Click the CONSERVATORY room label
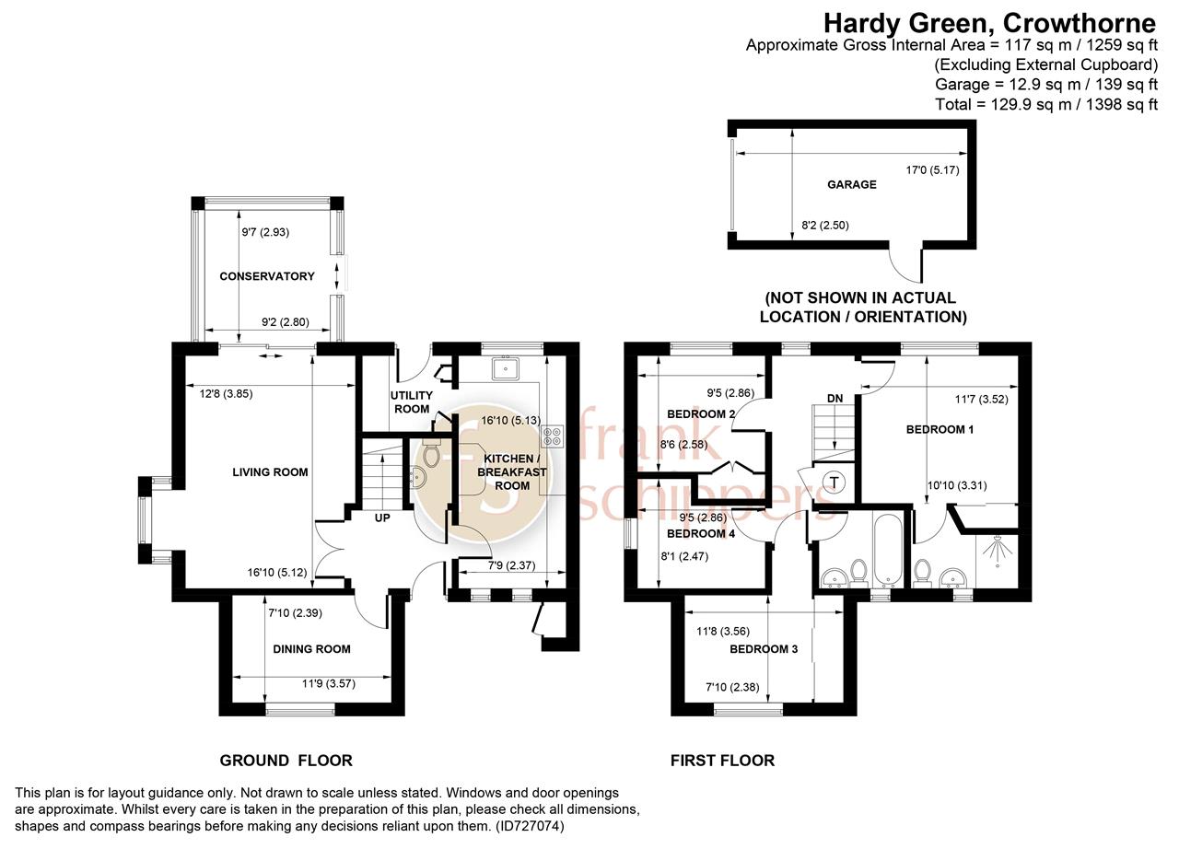[x=267, y=276]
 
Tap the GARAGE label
[x=852, y=185]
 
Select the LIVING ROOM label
[x=270, y=472]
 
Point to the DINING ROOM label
[x=311, y=649]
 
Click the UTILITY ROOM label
[x=412, y=401]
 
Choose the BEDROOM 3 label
[x=764, y=649]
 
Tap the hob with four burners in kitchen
[x=553, y=436]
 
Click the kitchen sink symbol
[x=506, y=368]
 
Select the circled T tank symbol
[x=834, y=482]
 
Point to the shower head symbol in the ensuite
[x=998, y=551]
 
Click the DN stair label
[x=835, y=398]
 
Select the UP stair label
[x=382, y=518]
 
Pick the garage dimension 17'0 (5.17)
[x=932, y=170]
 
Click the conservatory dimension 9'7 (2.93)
[x=265, y=232]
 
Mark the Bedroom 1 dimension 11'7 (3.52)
[x=982, y=400]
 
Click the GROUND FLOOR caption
[x=286, y=761]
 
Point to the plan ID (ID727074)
[x=530, y=826]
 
